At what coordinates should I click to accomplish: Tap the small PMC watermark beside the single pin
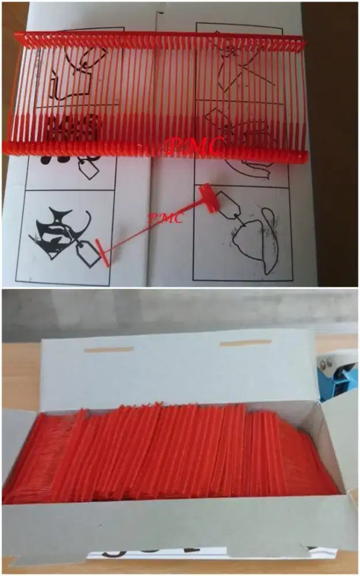[x=166, y=218]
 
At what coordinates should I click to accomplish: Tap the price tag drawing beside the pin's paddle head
[x=229, y=205]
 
